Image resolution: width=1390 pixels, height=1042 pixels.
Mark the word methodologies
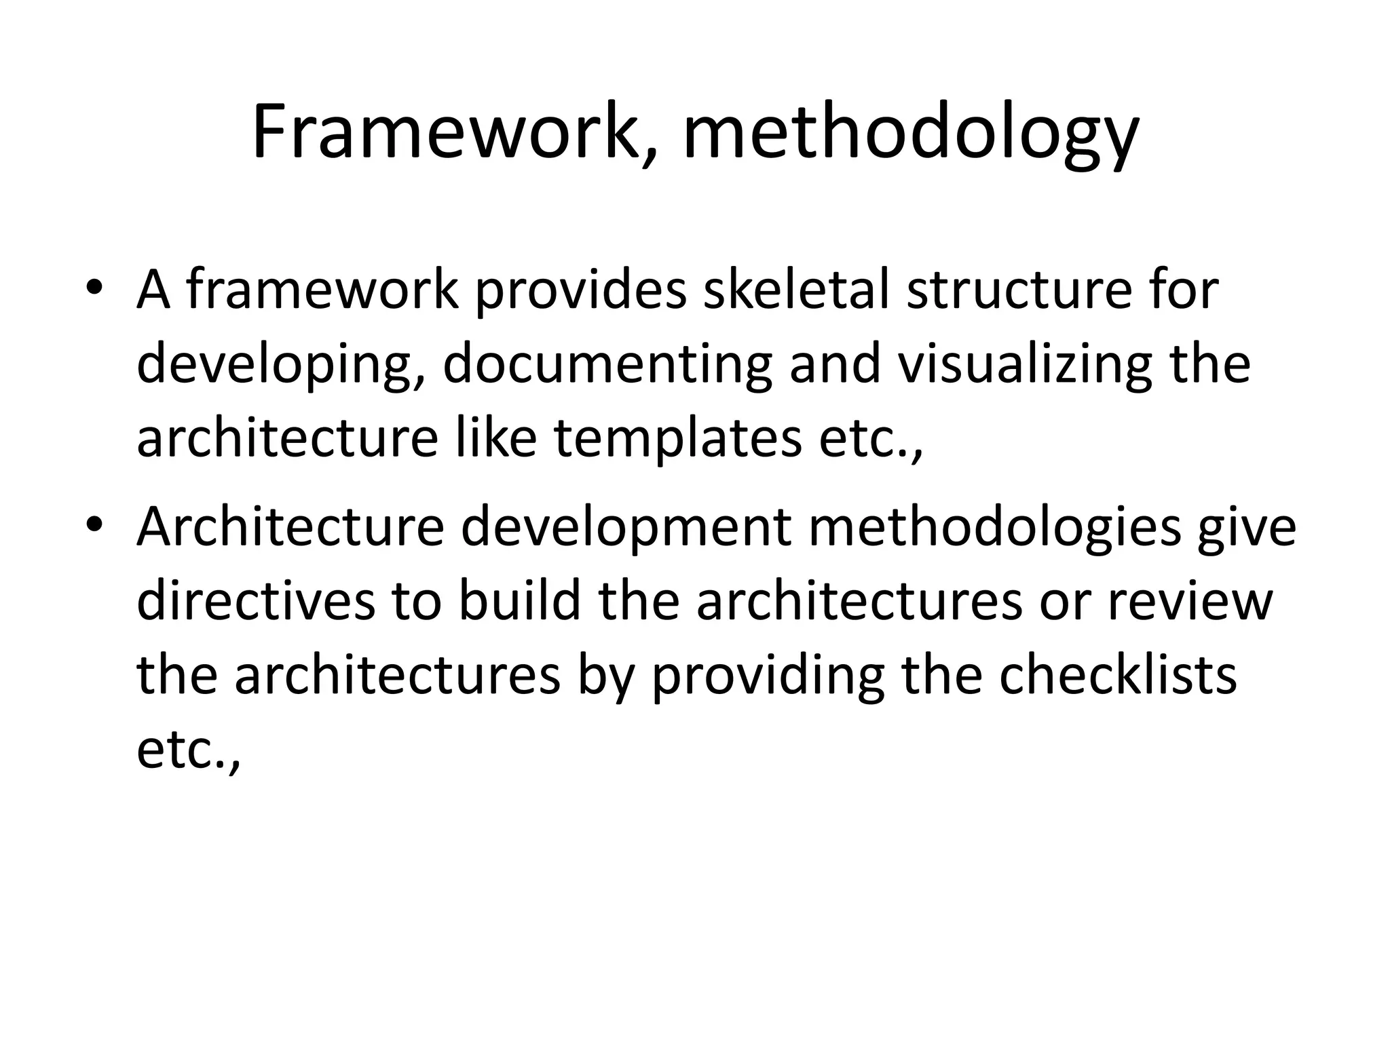click(995, 528)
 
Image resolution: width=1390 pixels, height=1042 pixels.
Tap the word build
click(520, 600)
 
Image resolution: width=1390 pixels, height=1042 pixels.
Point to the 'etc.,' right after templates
click(871, 439)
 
